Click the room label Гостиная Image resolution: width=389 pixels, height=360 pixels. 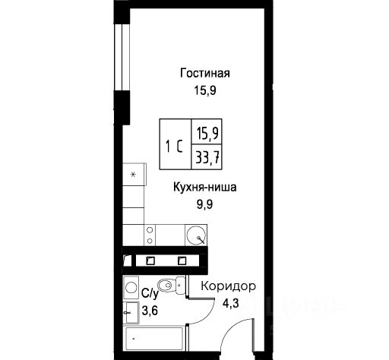[x=205, y=73]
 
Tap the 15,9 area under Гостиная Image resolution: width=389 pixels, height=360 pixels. [x=205, y=90]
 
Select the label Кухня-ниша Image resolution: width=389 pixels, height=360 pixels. [x=205, y=188]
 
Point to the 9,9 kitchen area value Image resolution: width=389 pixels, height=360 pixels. [x=205, y=204]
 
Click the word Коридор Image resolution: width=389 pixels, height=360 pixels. [x=228, y=287]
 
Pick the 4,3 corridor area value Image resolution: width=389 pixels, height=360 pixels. [x=230, y=303]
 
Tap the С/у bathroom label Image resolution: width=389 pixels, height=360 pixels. [x=150, y=294]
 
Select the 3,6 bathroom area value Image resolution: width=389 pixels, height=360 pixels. [x=150, y=311]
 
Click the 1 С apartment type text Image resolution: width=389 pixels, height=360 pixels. [x=174, y=147]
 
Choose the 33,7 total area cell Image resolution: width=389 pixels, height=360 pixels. [x=207, y=157]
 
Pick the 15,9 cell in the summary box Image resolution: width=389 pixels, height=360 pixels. [x=207, y=133]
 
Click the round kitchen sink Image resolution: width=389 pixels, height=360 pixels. [x=195, y=235]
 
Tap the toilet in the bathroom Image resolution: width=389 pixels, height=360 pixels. [x=171, y=286]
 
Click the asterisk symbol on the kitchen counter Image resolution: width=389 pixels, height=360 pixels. [x=134, y=175]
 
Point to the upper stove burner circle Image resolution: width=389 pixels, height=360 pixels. [x=150, y=230]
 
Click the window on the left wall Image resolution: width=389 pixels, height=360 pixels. [x=122, y=57]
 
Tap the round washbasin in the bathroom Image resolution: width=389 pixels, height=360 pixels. [x=131, y=288]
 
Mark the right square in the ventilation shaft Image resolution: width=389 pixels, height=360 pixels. [x=182, y=261]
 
